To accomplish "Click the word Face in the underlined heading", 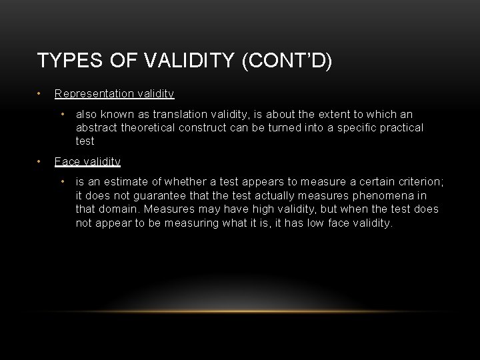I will [67, 162].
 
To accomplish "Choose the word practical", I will [398, 127].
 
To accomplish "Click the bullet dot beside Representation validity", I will [40, 93].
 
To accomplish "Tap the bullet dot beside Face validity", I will [40, 161].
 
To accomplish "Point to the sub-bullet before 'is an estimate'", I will [62, 182].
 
